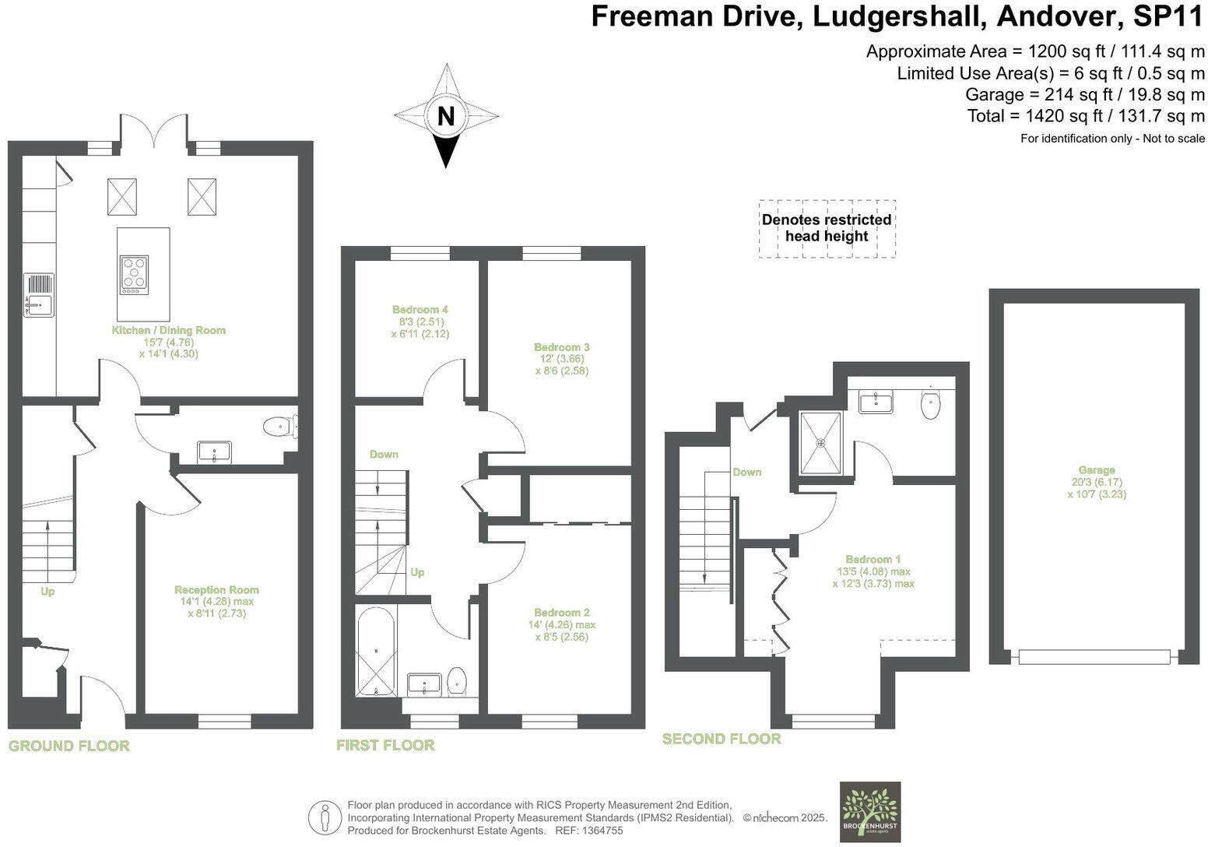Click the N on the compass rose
click(445, 117)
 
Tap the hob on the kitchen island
click(134, 275)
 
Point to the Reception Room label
click(216, 589)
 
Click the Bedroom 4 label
click(420, 309)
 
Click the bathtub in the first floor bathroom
click(376, 652)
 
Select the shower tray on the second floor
click(821, 443)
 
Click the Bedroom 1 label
click(873, 559)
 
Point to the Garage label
click(1096, 470)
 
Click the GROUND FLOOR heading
click(68, 746)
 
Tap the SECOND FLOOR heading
click(722, 739)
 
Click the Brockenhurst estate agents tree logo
click(870, 811)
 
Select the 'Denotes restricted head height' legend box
click(827, 228)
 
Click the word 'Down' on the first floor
click(384, 454)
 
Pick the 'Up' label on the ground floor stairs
click(47, 592)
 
